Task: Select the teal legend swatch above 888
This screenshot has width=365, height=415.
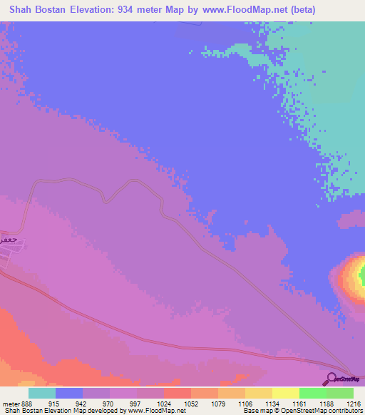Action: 42,393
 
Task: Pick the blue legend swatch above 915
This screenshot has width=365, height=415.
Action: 69,393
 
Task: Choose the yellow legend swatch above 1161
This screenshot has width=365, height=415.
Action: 286,393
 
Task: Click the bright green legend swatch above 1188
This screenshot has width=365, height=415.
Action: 313,393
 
